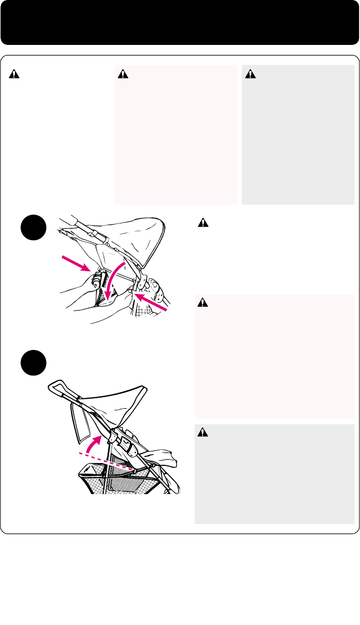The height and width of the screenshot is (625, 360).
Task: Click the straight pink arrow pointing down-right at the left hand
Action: click(x=74, y=263)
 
